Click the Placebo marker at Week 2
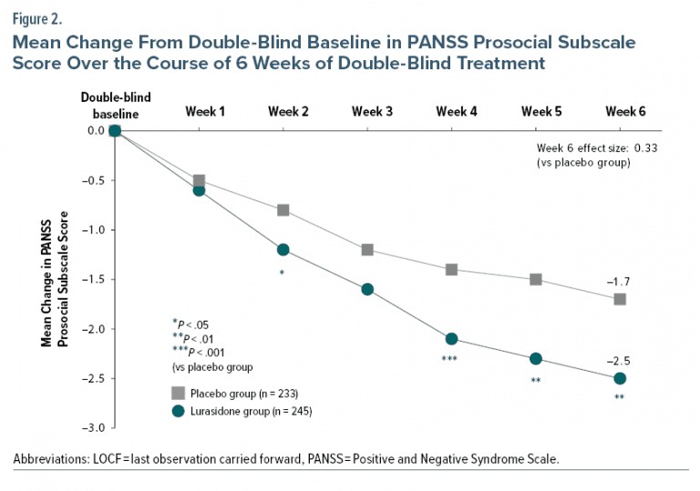pos(283,210)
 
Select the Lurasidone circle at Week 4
pos(451,339)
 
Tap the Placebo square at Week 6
pos(620,299)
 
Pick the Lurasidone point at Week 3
pos(367,289)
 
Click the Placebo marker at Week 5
pos(536,279)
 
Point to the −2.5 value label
pos(619,361)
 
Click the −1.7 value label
pos(619,281)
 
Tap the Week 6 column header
pos(625,111)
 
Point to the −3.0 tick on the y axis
pos(94,427)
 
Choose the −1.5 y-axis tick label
pos(94,279)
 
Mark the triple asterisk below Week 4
pos(449,360)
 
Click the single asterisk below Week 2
pos(282,272)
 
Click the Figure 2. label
pos(37,16)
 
